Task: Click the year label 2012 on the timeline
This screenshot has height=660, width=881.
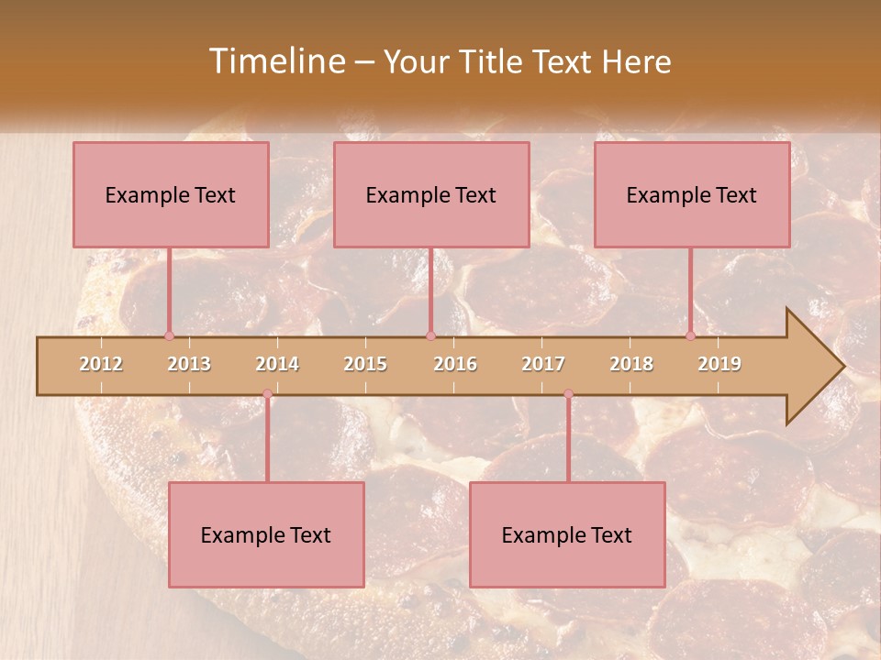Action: [x=101, y=364]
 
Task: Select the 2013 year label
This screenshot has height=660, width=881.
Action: [x=189, y=364]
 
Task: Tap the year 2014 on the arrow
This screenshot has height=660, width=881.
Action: [x=277, y=364]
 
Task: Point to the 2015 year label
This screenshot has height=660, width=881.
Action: [x=365, y=364]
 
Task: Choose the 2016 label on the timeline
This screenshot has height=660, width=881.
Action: [x=455, y=364]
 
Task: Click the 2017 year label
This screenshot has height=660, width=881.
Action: [x=543, y=364]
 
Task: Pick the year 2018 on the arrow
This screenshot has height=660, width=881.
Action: [x=631, y=364]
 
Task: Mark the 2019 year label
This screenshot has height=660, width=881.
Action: [x=719, y=364]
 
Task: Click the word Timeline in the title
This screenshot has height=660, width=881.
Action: [x=275, y=61]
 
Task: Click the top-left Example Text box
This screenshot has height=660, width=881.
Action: [x=171, y=194]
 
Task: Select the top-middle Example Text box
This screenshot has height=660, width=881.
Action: [x=431, y=194]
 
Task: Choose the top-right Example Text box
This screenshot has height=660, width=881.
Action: [x=692, y=194]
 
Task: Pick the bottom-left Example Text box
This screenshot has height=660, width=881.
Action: [x=266, y=534]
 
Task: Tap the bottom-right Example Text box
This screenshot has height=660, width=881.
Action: [x=567, y=534]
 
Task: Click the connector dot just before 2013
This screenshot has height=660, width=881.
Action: [x=169, y=335]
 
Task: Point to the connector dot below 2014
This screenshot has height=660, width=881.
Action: [x=267, y=394]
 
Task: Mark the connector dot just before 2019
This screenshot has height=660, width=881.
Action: [x=690, y=335]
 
